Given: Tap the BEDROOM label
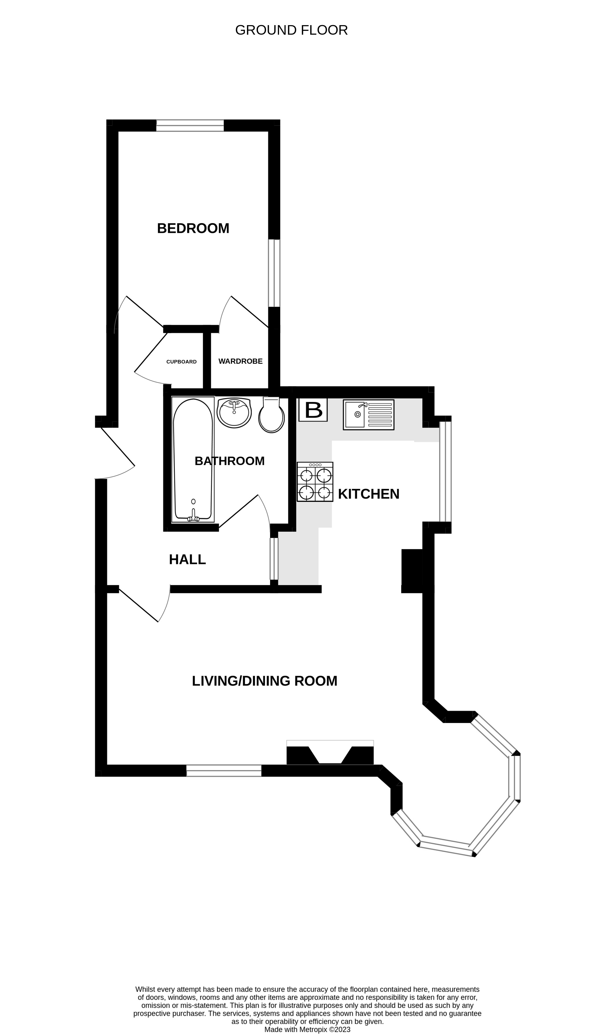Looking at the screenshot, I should pos(193,228).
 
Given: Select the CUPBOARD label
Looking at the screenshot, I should pos(181,362).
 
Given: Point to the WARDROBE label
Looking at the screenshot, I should pos(240,362).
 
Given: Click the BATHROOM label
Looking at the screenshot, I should pos(230,461).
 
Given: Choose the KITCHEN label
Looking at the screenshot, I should pos(368,494).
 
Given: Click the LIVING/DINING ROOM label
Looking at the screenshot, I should pos(264,681).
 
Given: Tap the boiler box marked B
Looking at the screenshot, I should pos(313,410).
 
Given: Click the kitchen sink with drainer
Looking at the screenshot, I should pos(368,415).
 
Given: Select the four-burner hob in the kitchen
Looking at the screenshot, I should pos(315,482).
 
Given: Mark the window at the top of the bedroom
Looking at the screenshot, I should pos(190,125).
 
